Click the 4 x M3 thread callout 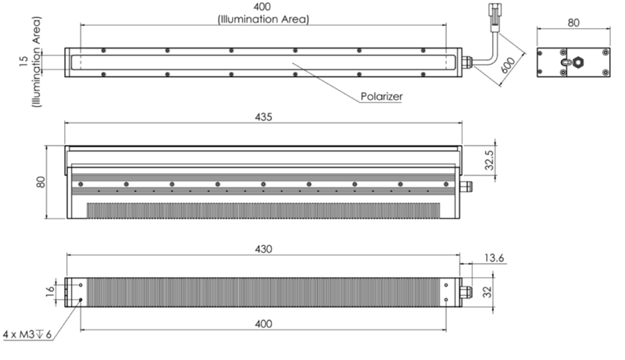click(27, 334)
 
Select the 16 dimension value click(48, 290)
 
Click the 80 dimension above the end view click(573, 23)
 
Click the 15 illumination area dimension click(23, 61)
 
